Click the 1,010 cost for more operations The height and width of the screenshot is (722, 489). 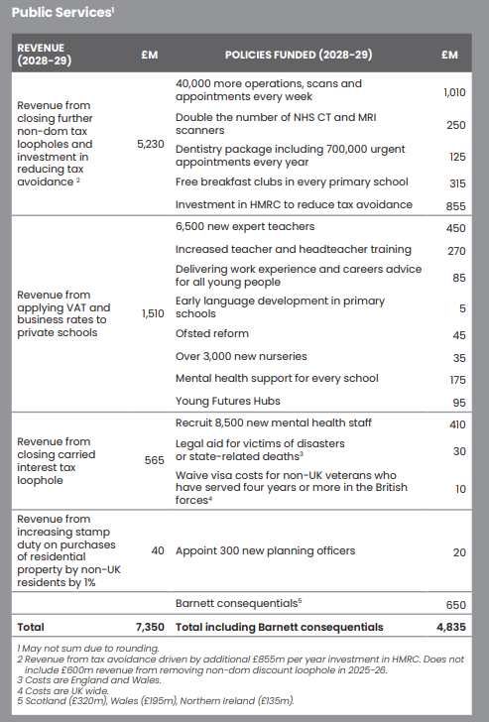(453, 92)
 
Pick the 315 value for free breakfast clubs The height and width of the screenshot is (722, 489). (457, 182)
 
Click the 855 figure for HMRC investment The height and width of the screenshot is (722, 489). (456, 204)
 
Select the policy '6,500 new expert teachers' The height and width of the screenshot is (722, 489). (245, 228)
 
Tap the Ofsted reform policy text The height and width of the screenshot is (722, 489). (212, 334)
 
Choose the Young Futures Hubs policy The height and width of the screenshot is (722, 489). (228, 402)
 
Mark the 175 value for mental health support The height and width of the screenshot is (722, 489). (457, 379)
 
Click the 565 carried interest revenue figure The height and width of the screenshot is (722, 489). (154, 461)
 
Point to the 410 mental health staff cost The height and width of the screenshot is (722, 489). (456, 424)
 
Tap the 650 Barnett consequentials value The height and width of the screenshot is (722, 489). (456, 604)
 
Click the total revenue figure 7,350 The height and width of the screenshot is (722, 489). (147, 628)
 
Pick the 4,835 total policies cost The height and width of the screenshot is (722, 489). (451, 628)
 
